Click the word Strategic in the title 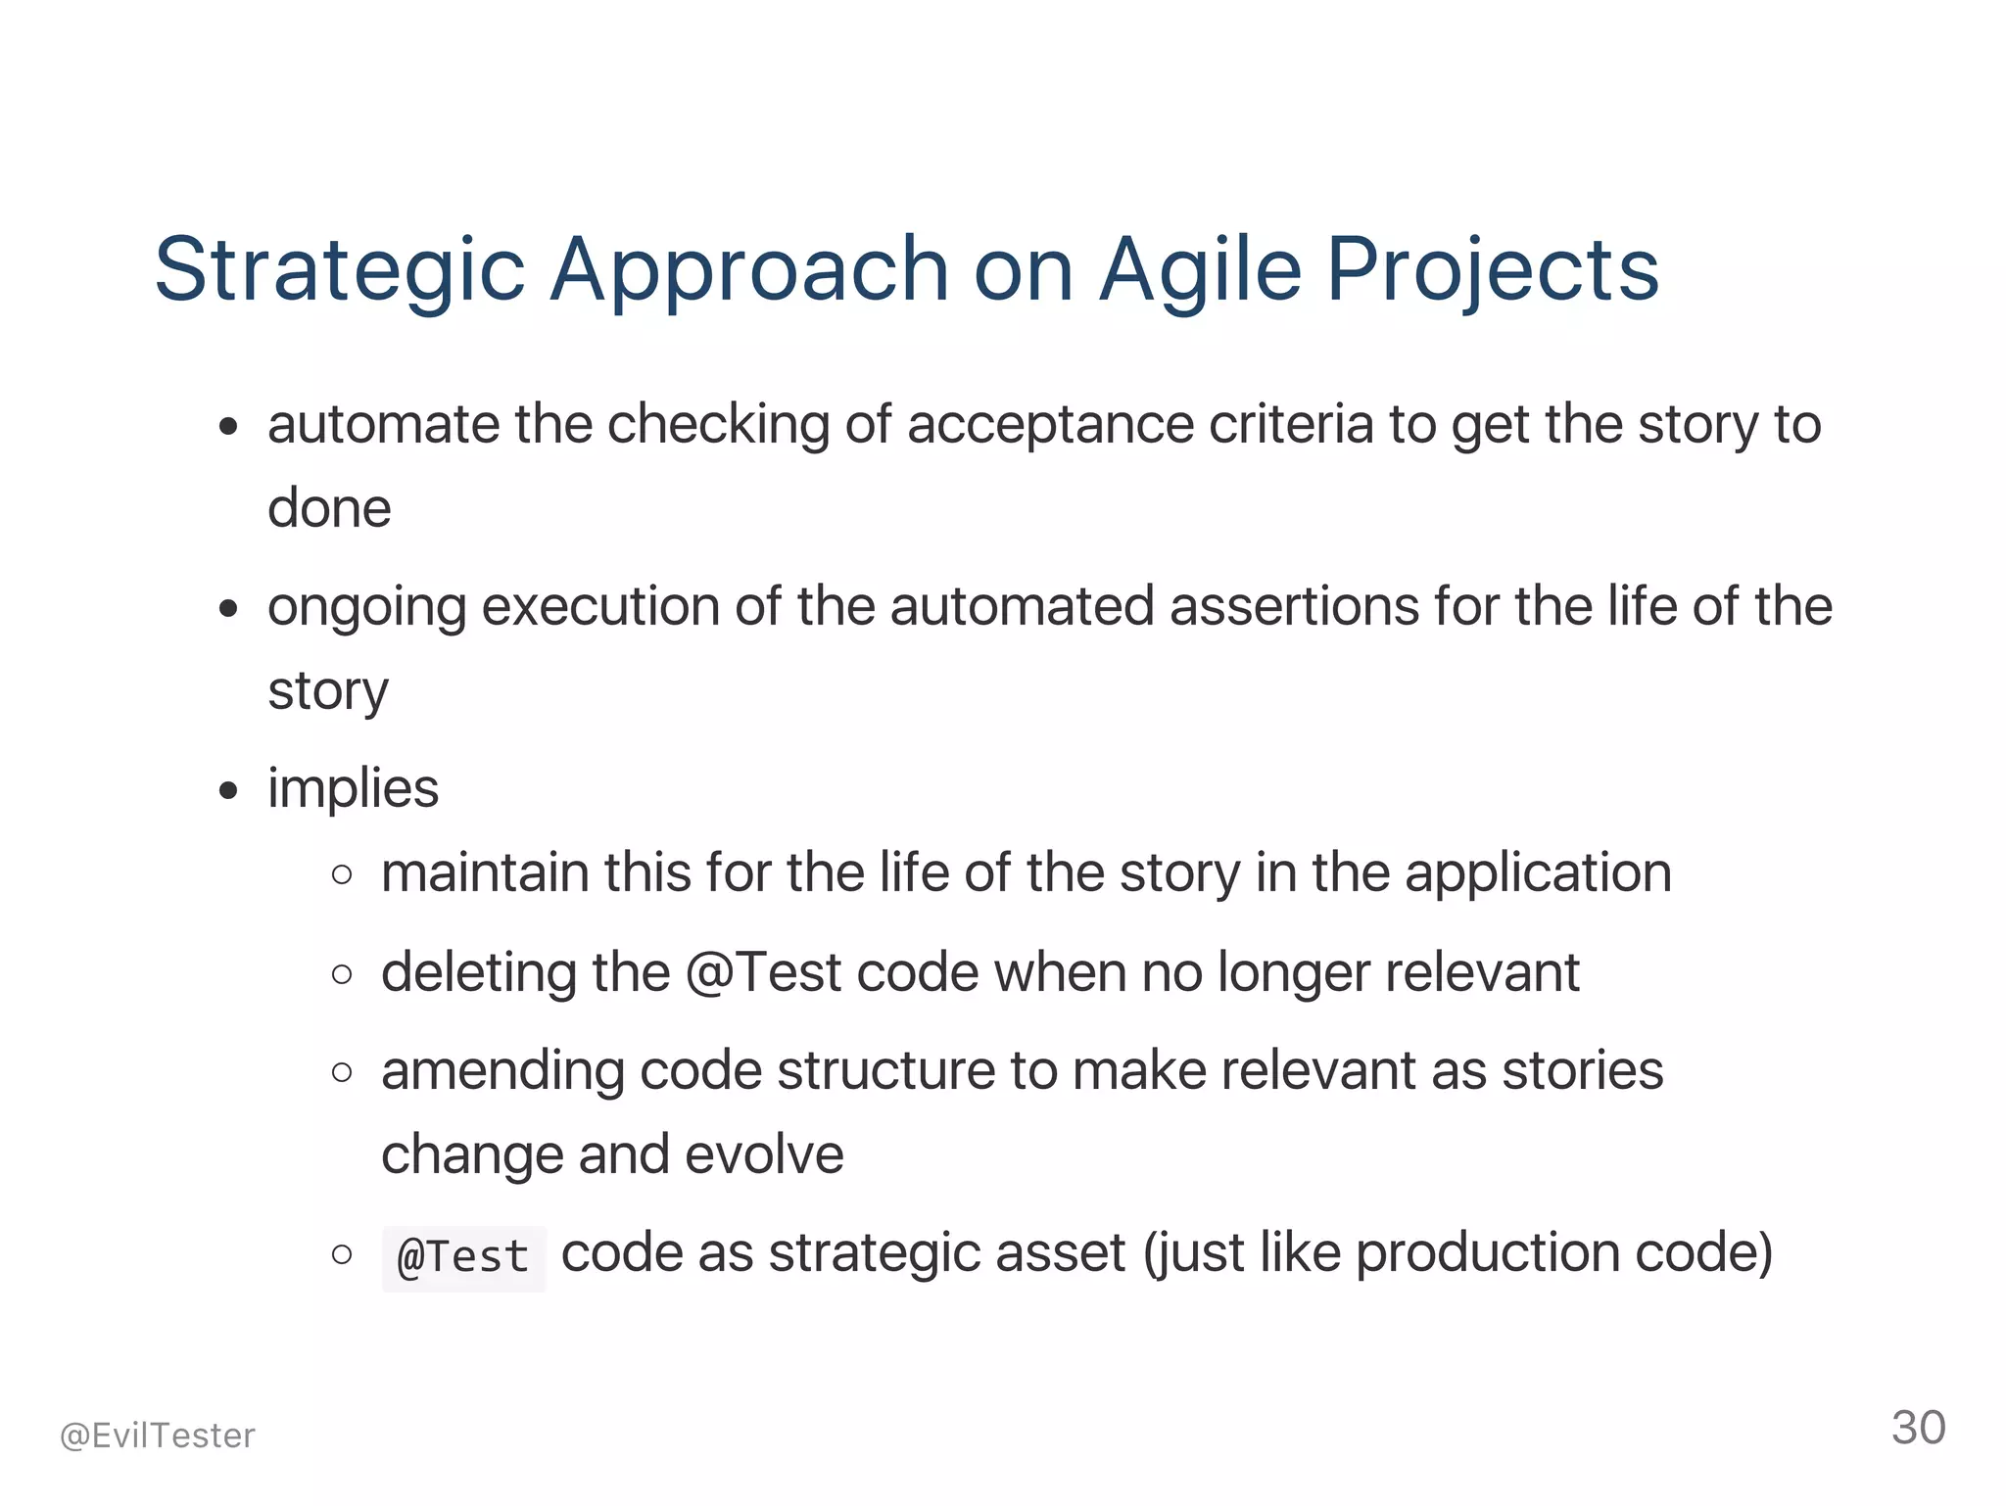click(340, 271)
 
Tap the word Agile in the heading click(1200, 271)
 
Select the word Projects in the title click(1492, 271)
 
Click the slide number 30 click(1918, 1428)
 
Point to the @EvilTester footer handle click(158, 1435)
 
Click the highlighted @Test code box click(463, 1257)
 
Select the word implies click(353, 788)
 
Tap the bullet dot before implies click(229, 790)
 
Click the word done click(329, 508)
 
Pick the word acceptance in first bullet click(1050, 426)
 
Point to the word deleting click(478, 972)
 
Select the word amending click(502, 1070)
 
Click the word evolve click(764, 1154)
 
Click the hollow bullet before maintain click(342, 874)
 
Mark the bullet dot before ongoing click(229, 608)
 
